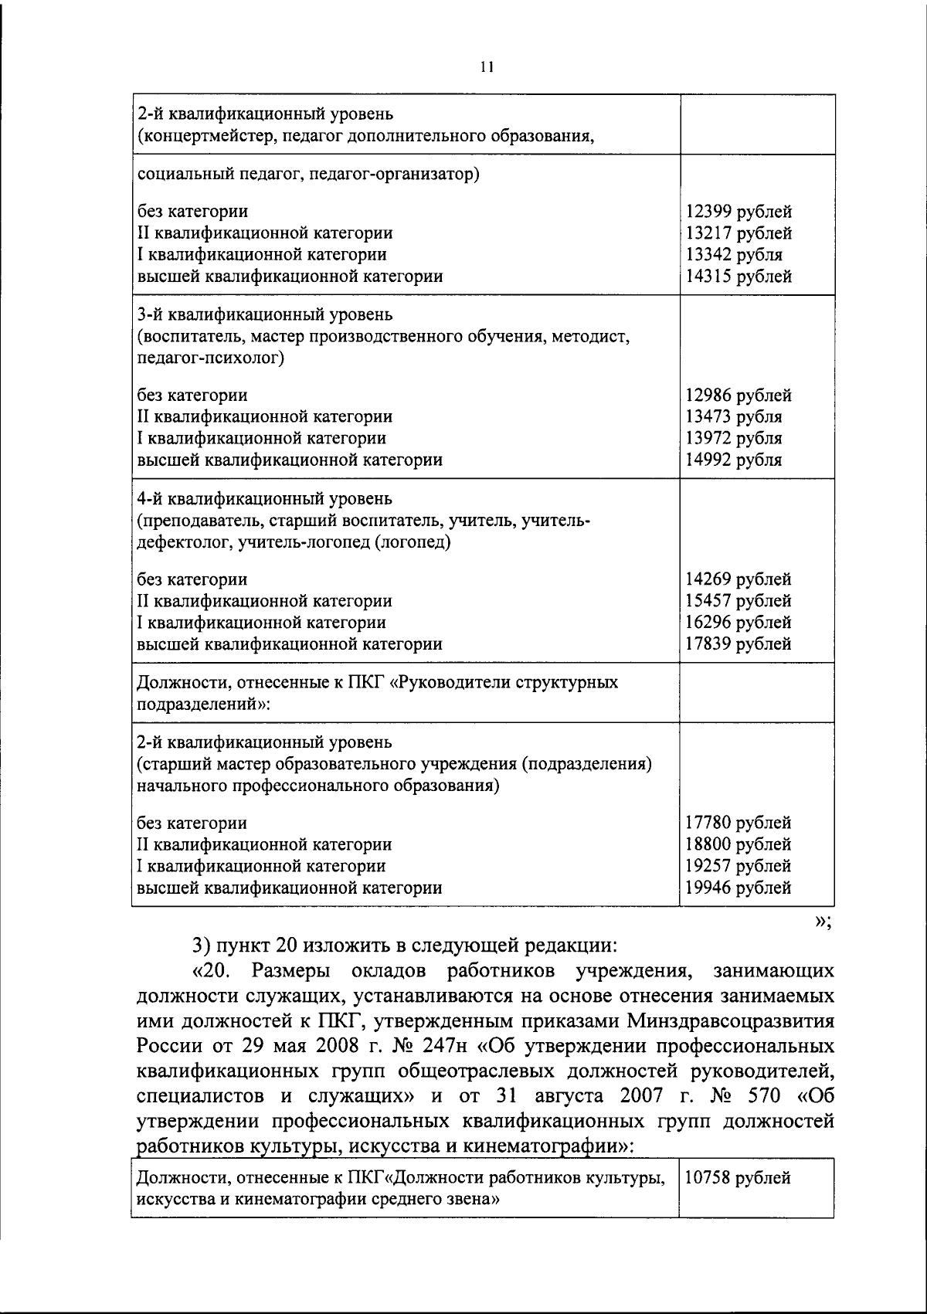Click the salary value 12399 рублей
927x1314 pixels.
click(739, 212)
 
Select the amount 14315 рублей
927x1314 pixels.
click(739, 277)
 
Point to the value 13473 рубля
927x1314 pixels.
click(734, 417)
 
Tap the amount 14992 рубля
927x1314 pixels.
click(734, 460)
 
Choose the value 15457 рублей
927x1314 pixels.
click(739, 601)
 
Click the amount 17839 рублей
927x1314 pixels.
click(739, 644)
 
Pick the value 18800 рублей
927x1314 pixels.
click(739, 845)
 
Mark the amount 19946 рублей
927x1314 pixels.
click(739, 888)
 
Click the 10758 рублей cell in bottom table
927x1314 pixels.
click(739, 1179)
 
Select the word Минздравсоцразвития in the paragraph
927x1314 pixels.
click(730, 1021)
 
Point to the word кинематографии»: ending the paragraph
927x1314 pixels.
click(548, 1146)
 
